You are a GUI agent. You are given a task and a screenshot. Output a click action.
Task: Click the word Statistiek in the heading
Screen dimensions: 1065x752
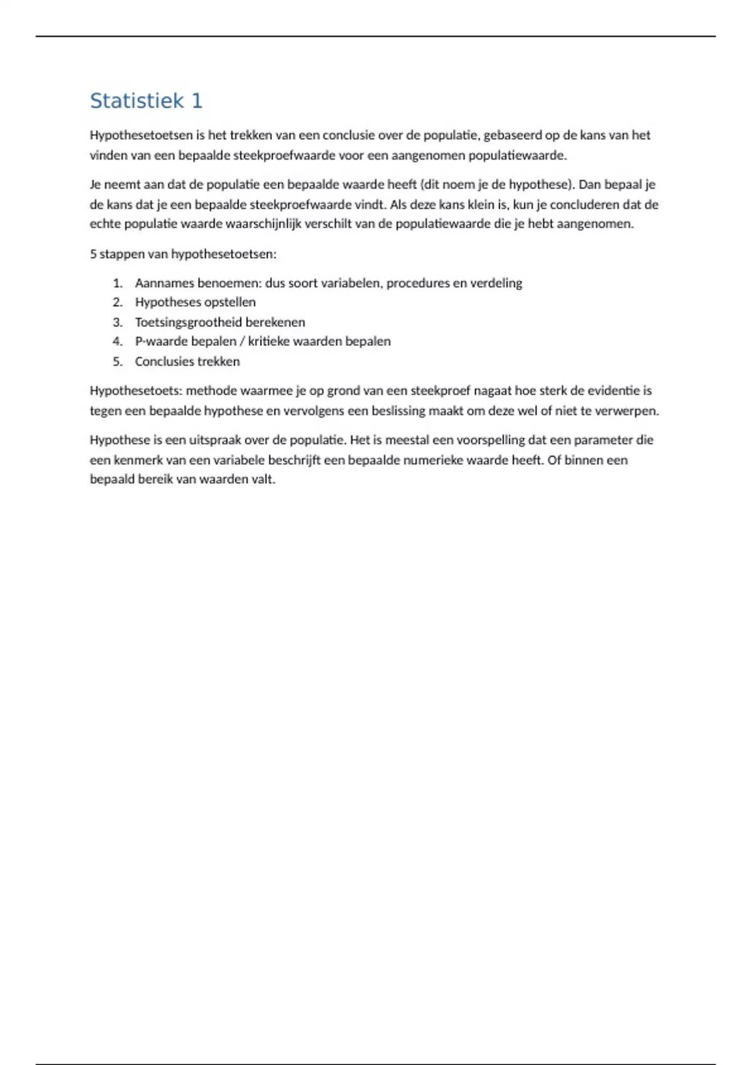[x=137, y=101]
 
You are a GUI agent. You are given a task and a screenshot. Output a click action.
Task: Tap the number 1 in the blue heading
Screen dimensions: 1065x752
[x=197, y=101]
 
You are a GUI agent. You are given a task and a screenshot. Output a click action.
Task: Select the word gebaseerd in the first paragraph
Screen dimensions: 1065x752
[x=512, y=135]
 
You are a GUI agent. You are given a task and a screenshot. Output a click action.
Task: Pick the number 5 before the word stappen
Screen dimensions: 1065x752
[x=93, y=254]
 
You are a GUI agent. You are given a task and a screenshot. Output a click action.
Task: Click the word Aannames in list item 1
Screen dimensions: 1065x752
[x=164, y=283]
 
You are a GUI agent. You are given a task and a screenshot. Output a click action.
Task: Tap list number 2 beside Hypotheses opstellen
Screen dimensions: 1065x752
[x=117, y=303]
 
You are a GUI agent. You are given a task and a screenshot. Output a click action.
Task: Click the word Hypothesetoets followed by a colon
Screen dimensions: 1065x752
[x=135, y=391]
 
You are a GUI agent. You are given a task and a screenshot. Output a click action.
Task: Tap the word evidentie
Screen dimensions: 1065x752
[x=614, y=391]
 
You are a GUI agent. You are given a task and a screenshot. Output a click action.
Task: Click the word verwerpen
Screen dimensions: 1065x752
[x=630, y=411]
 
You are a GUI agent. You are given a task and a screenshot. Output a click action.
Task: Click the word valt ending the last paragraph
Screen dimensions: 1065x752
[x=264, y=480]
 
